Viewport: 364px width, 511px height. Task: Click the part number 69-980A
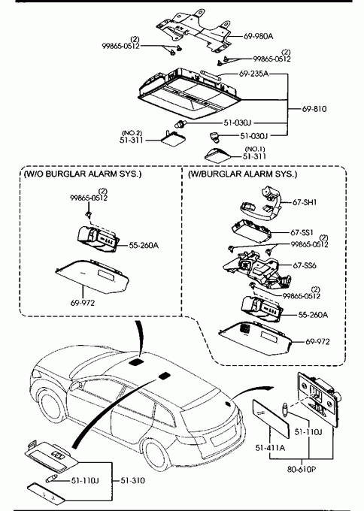(258, 36)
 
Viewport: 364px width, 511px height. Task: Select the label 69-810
(314, 109)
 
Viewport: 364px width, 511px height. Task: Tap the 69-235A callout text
(253, 74)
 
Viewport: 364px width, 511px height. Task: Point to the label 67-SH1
(305, 202)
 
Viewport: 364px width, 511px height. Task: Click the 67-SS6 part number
(305, 265)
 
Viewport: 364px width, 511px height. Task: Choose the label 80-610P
(302, 469)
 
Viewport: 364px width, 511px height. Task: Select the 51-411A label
(270, 448)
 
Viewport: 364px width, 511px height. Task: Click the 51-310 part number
(133, 480)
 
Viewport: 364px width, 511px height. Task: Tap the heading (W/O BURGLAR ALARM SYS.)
(83, 174)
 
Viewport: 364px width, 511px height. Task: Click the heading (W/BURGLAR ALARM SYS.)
(243, 174)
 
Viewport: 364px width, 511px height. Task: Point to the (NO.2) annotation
(132, 133)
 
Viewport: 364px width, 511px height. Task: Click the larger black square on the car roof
(136, 361)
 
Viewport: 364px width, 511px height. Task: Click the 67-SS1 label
(302, 232)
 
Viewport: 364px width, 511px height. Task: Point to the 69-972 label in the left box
(83, 303)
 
